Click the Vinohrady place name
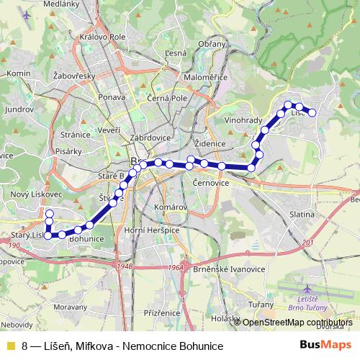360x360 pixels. [x=241, y=120]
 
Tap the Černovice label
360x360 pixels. [x=212, y=184]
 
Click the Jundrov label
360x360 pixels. [x=19, y=109]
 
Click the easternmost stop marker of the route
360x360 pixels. [x=312, y=112]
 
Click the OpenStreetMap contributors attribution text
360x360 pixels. [x=297, y=323]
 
